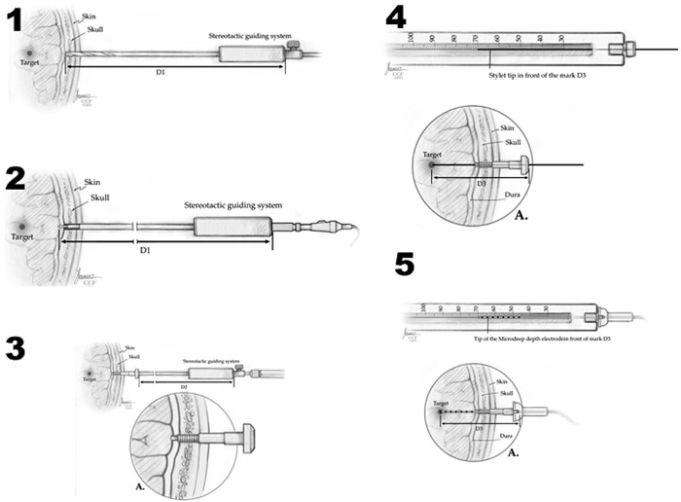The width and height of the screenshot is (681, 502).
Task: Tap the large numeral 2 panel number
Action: coord(17,178)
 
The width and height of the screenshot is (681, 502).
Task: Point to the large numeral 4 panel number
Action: coord(396,17)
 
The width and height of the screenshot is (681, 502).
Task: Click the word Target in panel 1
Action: coord(34,62)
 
